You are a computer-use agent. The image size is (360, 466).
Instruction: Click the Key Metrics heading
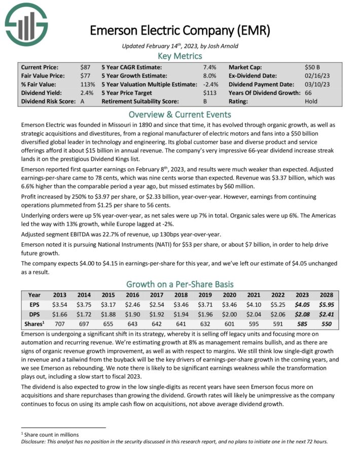(180, 56)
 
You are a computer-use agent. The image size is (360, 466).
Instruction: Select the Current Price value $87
(85, 67)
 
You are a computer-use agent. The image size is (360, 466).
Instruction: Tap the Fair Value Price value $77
(85, 76)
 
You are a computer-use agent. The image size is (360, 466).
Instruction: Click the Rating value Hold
(311, 101)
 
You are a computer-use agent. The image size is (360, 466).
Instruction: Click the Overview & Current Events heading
(180, 114)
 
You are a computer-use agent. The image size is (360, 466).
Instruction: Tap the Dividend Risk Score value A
(83, 101)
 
